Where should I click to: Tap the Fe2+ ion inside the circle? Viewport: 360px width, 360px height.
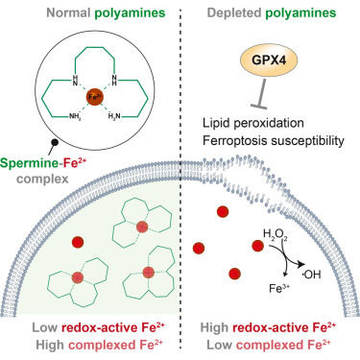(94, 97)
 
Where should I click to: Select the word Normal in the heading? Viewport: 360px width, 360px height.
(68, 13)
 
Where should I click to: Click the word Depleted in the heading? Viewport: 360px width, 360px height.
(234, 13)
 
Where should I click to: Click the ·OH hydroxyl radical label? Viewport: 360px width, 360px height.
(312, 275)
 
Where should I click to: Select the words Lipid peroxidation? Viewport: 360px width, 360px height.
(253, 123)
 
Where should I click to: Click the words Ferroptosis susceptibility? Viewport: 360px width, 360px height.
(274, 140)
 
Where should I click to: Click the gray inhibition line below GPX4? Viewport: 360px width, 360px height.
(261, 93)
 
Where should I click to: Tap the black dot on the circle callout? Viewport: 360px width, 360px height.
(55, 143)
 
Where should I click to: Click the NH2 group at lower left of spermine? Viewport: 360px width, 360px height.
(76, 116)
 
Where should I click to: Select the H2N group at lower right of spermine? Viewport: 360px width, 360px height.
(114, 116)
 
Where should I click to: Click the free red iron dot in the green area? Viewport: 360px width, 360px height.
(78, 242)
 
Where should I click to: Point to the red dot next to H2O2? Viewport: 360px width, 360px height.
(258, 246)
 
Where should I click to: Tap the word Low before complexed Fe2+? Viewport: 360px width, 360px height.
(220, 346)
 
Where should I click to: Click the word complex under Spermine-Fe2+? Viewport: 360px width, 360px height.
(42, 180)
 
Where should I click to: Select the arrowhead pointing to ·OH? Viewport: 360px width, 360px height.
(300, 265)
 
